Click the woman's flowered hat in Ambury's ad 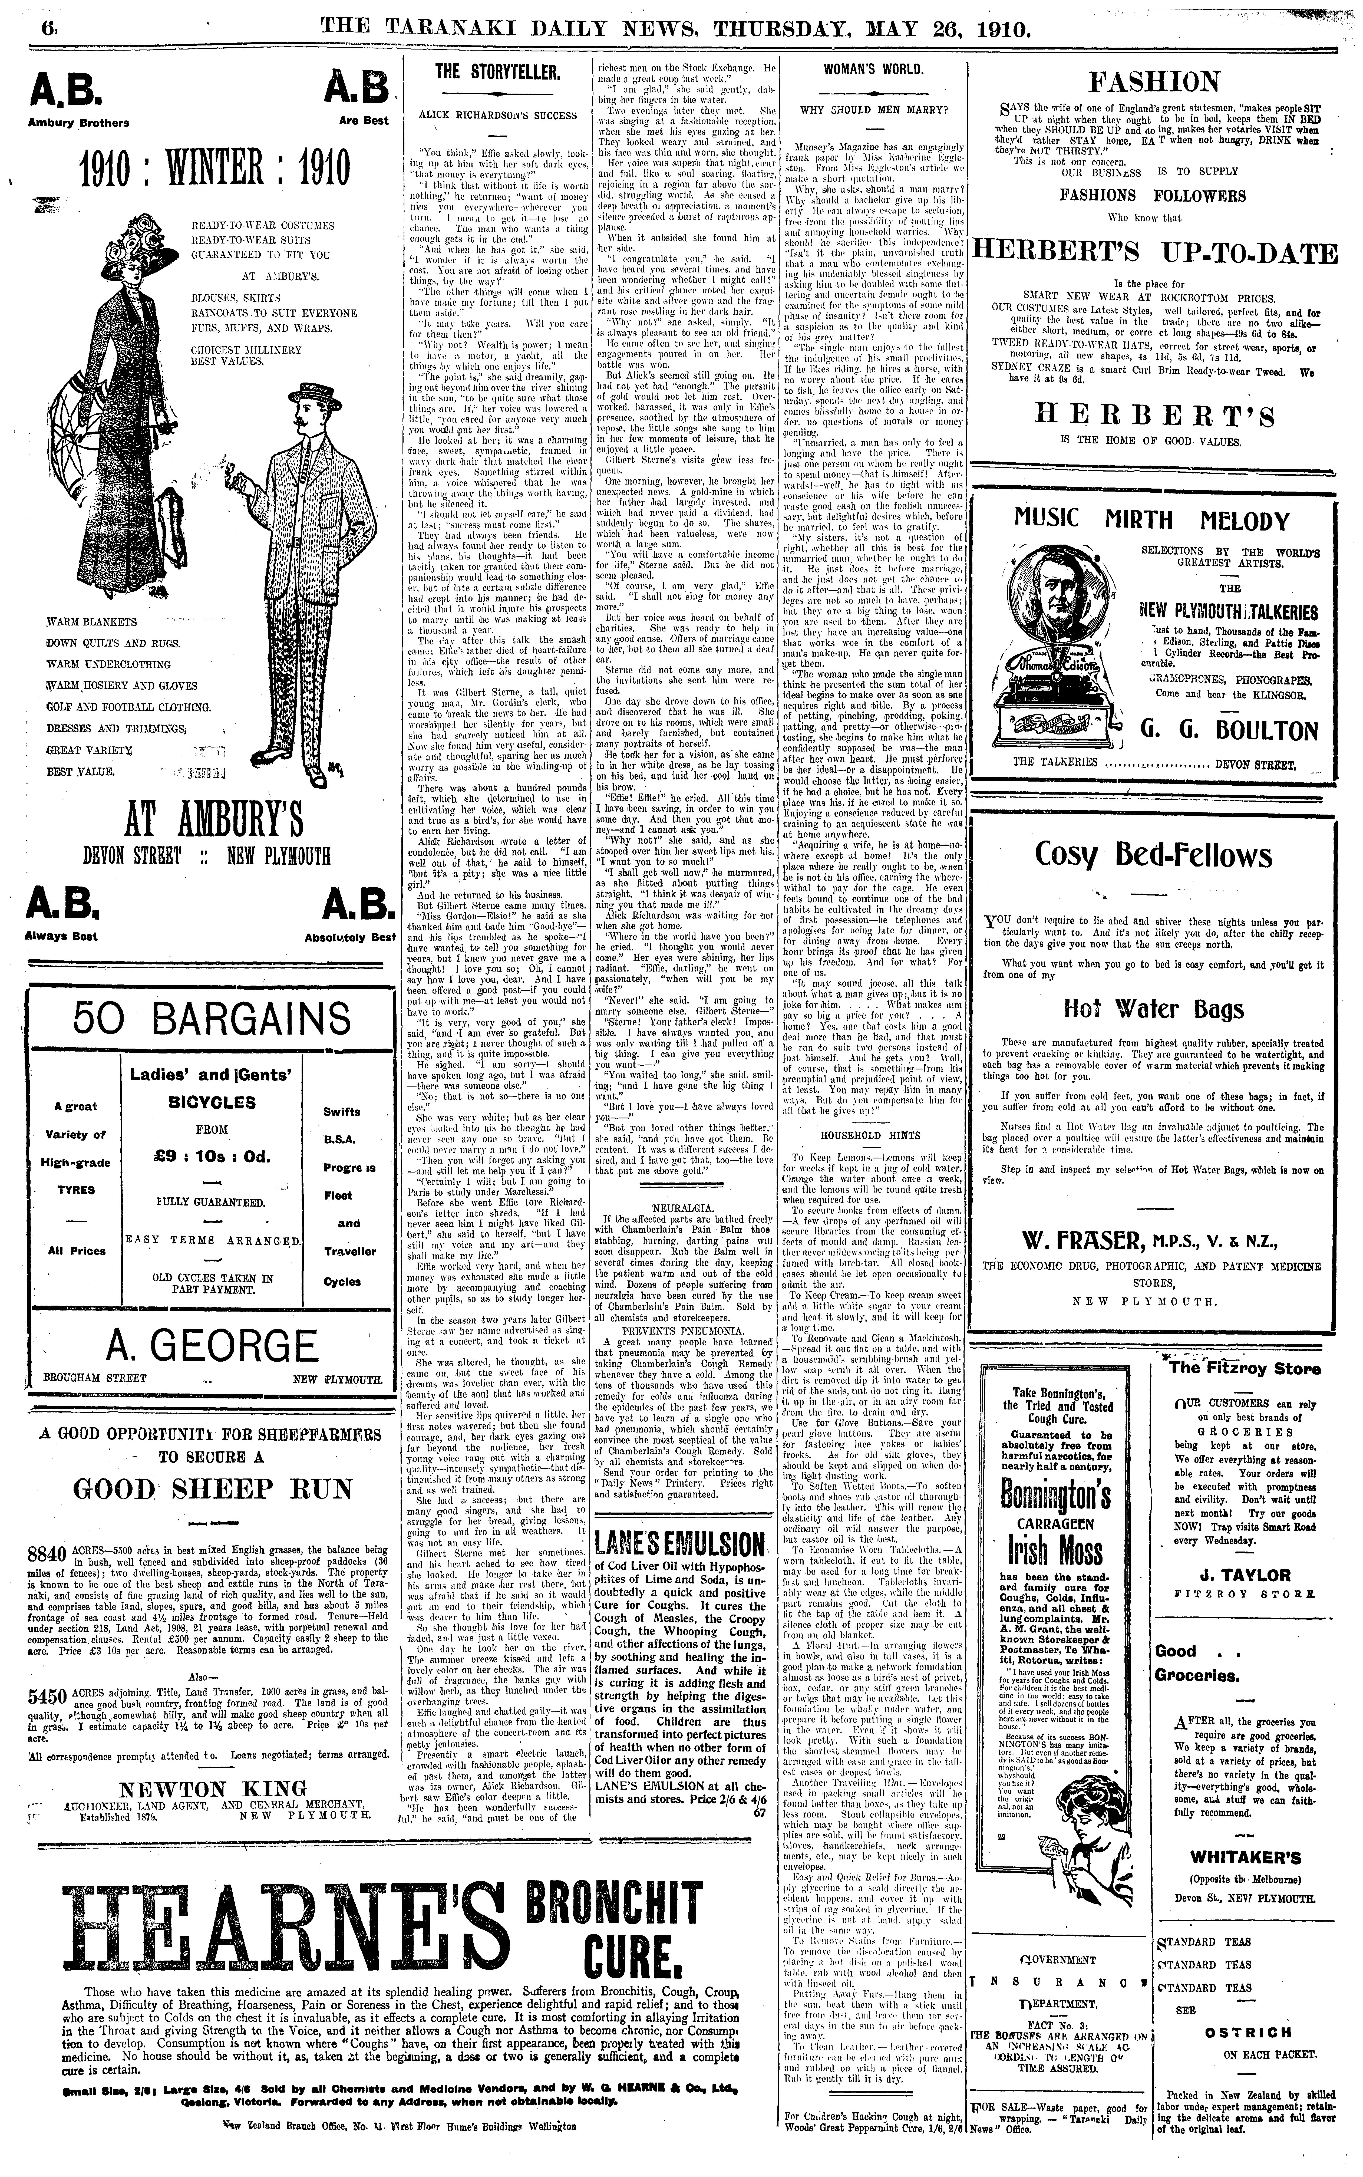click(x=141, y=239)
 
